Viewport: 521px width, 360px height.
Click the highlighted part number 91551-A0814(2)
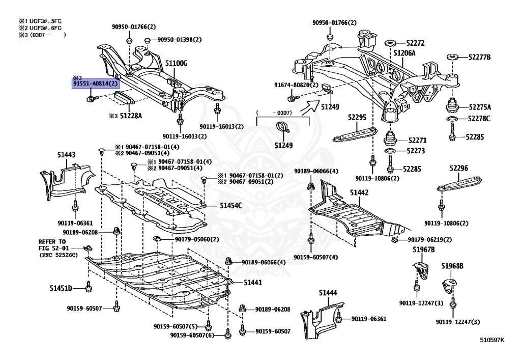[x=95, y=84]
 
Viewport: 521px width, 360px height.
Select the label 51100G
[x=177, y=63]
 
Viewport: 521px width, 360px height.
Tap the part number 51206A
[x=404, y=53]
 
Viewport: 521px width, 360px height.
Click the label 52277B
[x=479, y=57]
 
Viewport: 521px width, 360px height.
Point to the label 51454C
[x=231, y=206]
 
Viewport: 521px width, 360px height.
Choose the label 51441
[x=252, y=282]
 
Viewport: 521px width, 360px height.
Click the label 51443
[x=66, y=155]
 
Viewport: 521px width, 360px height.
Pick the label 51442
[x=359, y=192]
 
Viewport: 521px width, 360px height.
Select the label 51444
[x=328, y=292]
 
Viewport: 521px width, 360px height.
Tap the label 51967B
[x=424, y=250]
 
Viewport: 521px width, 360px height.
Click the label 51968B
[x=452, y=266]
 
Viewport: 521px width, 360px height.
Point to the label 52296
[x=459, y=168]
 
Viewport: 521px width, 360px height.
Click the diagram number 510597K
[x=492, y=340]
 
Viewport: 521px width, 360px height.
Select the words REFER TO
[x=52, y=242]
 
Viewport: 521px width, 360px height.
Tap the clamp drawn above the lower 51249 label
[x=283, y=128]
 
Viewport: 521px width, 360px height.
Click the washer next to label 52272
[x=390, y=43]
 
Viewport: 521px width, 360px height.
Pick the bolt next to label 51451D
[x=88, y=287]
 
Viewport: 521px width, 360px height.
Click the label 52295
[x=357, y=117]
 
